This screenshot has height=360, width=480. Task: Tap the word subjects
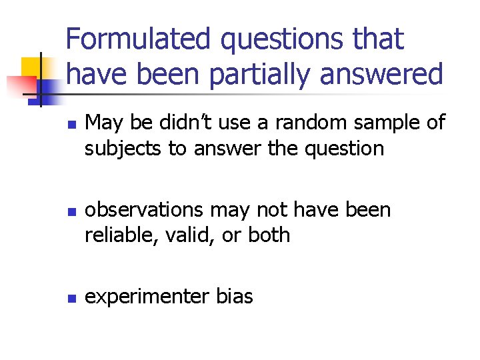tap(123, 148)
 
